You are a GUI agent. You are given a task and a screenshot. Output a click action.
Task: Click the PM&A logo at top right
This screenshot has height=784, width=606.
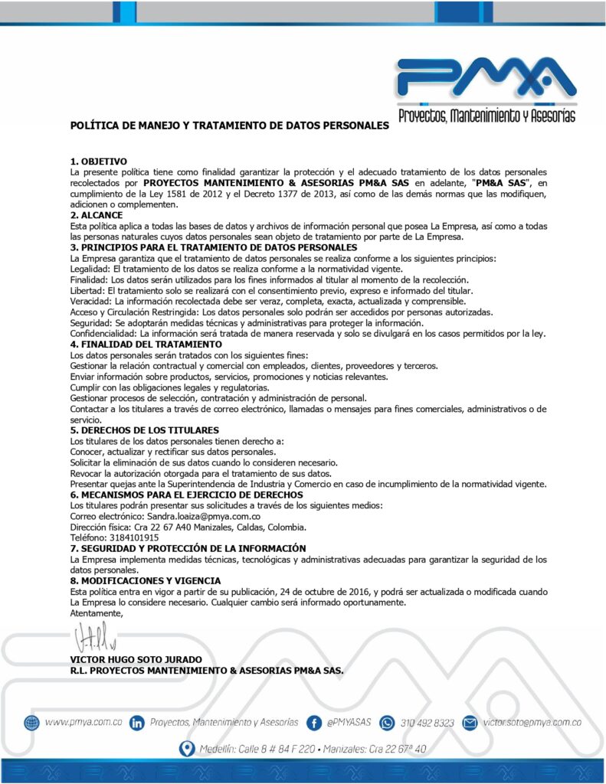[486, 87]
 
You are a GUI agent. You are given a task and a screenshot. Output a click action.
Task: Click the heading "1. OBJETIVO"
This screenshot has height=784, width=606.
[98, 162]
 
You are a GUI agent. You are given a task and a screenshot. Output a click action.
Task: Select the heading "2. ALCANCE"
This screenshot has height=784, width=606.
[96, 215]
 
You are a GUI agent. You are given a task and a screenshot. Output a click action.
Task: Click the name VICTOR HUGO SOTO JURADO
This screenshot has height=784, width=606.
[136, 659]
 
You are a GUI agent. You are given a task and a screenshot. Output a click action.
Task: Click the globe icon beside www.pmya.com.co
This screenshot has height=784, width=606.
[31, 722]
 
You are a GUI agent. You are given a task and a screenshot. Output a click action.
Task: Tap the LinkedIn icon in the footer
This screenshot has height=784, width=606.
[137, 722]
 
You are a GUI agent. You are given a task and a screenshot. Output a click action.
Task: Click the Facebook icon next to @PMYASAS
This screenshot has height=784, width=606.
[313, 722]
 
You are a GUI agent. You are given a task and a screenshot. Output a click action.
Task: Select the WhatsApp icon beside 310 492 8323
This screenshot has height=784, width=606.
[387, 722]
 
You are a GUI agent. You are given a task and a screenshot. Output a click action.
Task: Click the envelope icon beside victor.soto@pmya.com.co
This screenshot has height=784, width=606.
[470, 722]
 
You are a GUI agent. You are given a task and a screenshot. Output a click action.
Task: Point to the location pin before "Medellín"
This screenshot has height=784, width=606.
[185, 748]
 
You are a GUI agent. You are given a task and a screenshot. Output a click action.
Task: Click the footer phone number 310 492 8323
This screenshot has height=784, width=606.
[427, 723]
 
